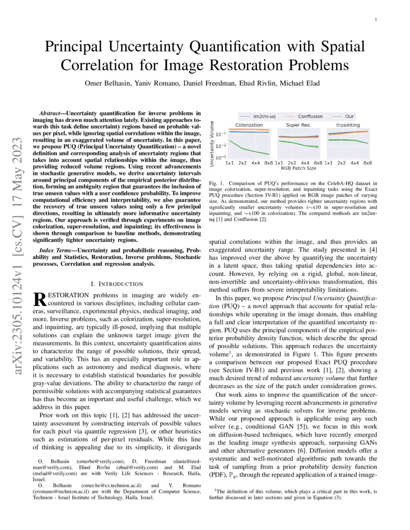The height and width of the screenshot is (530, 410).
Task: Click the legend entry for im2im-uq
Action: [260, 116]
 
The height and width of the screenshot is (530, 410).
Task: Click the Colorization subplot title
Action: [249, 125]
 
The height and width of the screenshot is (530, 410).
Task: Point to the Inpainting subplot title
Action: [348, 125]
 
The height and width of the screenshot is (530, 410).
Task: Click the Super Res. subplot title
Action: [298, 125]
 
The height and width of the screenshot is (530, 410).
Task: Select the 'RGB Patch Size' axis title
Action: [298, 169]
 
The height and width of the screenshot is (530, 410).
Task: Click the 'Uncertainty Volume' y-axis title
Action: [212, 144]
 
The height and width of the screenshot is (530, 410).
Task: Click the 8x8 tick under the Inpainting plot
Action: [368, 163]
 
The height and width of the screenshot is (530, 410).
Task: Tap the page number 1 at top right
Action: [375, 19]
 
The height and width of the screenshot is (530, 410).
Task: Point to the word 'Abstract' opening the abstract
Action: [52, 106]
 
